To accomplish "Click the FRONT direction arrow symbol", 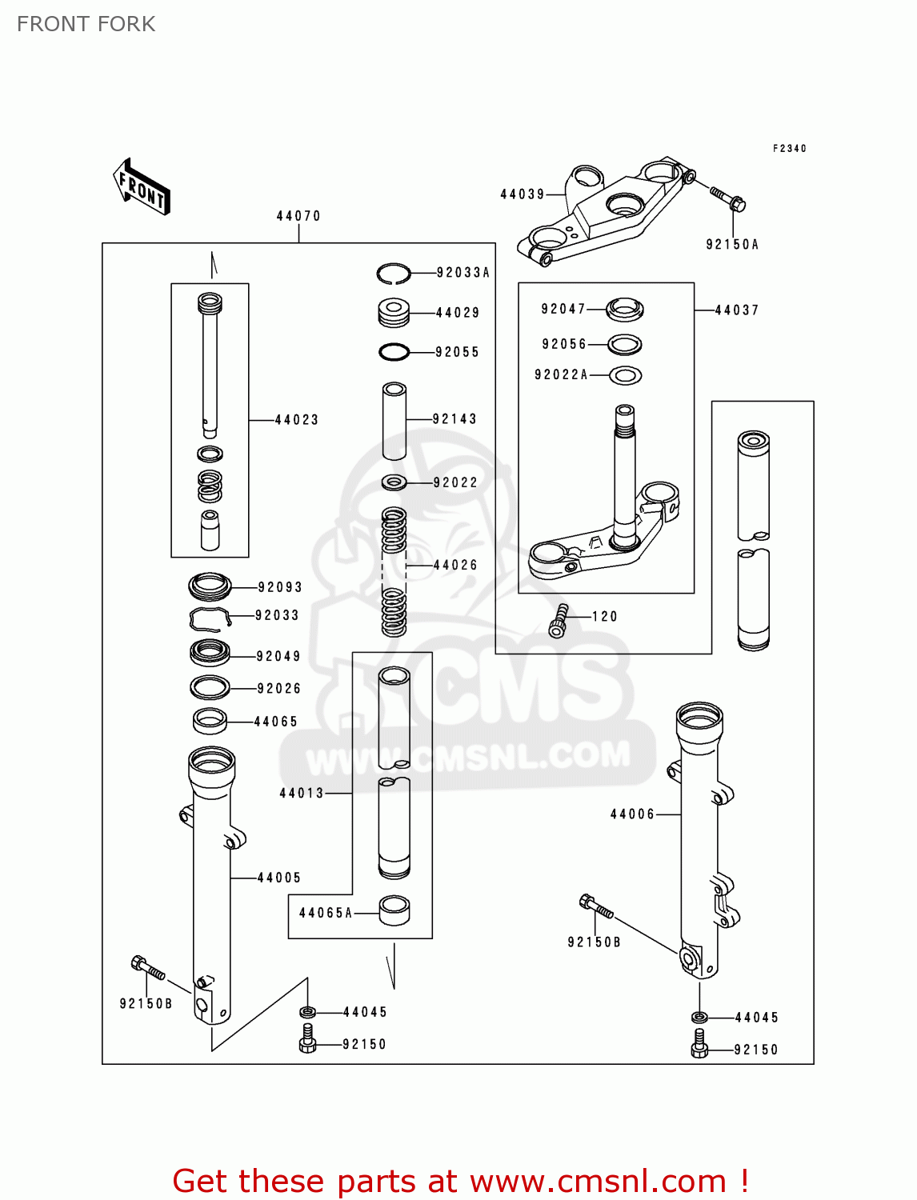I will [142, 187].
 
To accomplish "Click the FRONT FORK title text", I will [86, 24].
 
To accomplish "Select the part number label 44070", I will [298, 216].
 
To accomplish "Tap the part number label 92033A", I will [463, 273].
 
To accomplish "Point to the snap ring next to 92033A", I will [394, 274].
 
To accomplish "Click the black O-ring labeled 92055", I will [394, 351].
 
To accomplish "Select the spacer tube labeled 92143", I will [394, 421].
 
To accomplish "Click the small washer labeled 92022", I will [394, 482].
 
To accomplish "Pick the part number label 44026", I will [455, 565].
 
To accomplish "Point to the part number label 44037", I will [736, 310].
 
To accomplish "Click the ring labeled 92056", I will [625, 344].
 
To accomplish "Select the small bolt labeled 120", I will [559, 620].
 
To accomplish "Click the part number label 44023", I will [297, 419].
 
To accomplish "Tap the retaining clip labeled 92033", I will [210, 618].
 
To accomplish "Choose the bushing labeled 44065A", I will [394, 910].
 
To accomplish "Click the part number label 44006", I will [632, 814].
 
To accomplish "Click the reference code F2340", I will [789, 148].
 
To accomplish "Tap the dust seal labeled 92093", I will [210, 586].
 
